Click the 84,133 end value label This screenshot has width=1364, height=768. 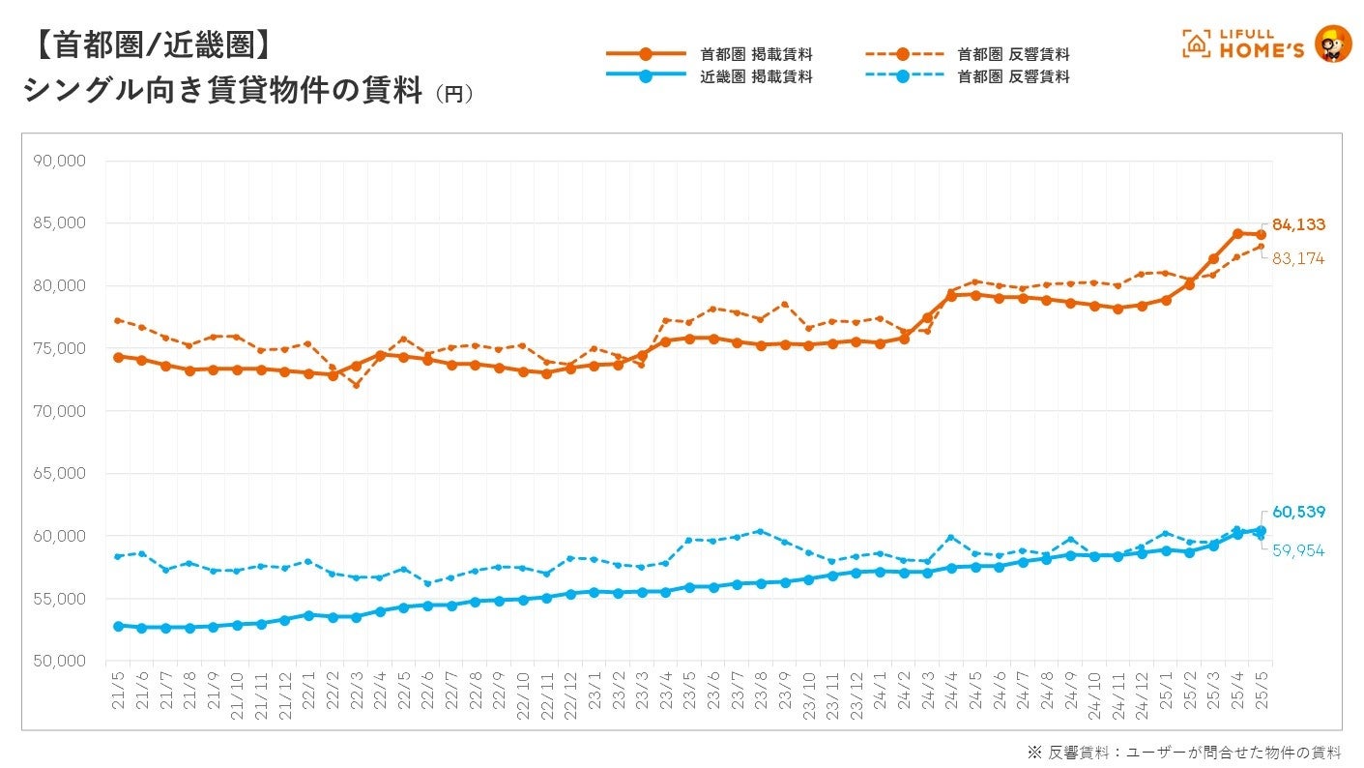[x=1298, y=224]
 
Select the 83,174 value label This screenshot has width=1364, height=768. [x=1298, y=259]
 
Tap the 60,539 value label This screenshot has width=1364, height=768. [x=1298, y=512]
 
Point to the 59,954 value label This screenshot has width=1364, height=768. [x=1298, y=550]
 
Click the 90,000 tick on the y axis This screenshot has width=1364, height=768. [x=59, y=161]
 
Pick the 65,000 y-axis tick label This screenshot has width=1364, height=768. [x=59, y=474]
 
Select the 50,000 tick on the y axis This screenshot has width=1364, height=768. [x=59, y=662]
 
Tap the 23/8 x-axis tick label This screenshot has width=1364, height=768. [x=760, y=690]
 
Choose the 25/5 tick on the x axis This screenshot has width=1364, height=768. [x=1260, y=690]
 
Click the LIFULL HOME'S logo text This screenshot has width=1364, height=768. [x=1257, y=44]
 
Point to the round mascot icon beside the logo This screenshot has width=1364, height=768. [x=1334, y=44]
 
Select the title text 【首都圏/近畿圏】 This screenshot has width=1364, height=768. [x=145, y=44]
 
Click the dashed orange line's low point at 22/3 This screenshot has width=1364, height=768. [x=356, y=385]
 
